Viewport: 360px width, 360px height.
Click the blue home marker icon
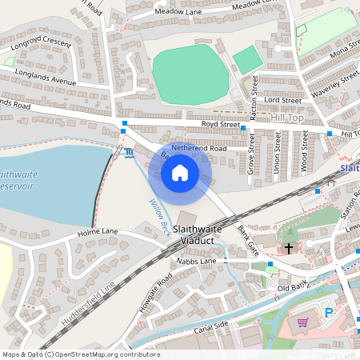click(180, 173)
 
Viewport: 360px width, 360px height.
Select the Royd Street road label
click(220, 125)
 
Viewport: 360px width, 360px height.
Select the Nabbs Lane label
click(198, 262)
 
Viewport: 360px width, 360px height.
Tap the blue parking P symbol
click(329, 313)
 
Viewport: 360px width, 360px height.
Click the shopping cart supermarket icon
click(302, 323)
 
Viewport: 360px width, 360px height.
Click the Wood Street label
click(304, 152)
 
